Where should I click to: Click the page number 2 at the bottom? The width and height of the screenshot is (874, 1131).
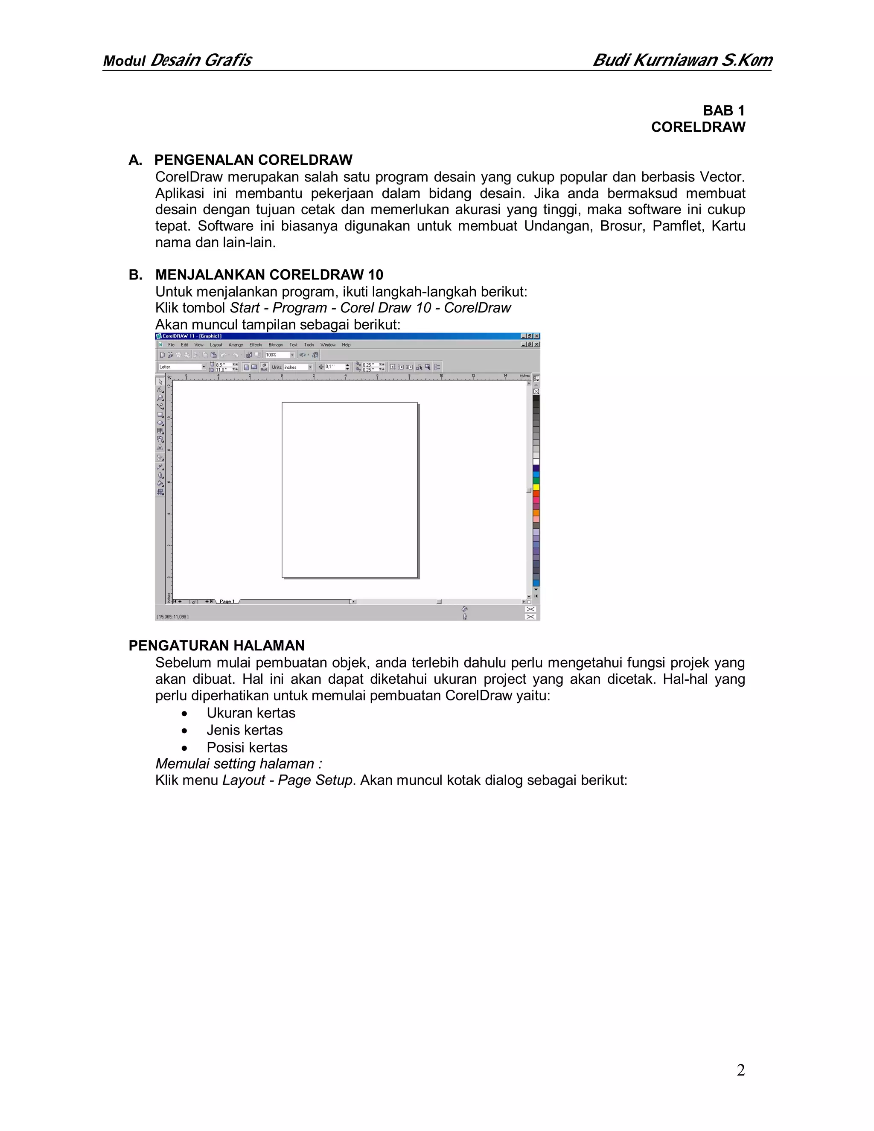(740, 1070)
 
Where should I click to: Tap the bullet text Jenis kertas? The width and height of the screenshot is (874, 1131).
(245, 730)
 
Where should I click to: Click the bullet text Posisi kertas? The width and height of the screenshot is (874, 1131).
(247, 747)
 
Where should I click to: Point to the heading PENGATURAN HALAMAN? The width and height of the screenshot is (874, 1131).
(216, 645)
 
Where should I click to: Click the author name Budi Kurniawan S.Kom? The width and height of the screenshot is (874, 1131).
(682, 60)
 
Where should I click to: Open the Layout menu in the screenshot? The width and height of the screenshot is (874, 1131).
(216, 345)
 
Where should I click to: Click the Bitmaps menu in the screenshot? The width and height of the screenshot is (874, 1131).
(275, 345)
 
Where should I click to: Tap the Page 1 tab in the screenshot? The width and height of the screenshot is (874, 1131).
(227, 602)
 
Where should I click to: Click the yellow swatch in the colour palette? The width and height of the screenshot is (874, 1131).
(536, 487)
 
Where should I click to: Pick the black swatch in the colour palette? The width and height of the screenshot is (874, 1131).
(536, 398)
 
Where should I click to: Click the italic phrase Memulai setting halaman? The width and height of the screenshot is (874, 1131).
(238, 764)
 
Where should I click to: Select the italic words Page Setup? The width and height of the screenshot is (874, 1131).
(315, 781)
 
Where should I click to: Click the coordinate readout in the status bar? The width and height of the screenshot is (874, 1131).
(173, 617)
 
